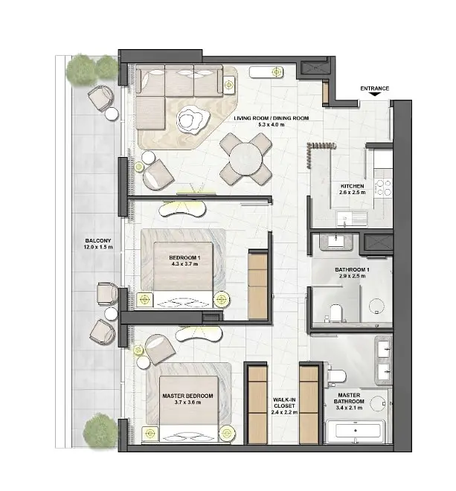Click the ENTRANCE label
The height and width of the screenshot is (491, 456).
pos(375,89)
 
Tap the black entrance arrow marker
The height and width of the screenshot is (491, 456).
pos(375,94)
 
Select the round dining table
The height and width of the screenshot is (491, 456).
pos(245,158)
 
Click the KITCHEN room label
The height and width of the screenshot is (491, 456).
pos(353,186)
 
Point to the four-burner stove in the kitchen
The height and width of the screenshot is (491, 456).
pos(384,187)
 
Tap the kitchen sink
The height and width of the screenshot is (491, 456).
pos(352,218)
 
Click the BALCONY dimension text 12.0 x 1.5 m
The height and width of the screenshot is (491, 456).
pos(98,247)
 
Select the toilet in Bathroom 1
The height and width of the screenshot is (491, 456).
pos(336,313)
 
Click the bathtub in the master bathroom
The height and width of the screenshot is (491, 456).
pos(356,431)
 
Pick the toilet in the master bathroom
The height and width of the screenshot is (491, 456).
pos(337,375)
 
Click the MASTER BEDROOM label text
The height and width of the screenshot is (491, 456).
pos(187,396)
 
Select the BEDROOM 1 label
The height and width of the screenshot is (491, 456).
pos(184,257)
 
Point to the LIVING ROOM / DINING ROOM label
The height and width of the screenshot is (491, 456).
pos(272,118)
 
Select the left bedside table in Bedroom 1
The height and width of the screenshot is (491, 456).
pos(144,300)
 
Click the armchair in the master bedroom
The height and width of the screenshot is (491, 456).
pos(161,349)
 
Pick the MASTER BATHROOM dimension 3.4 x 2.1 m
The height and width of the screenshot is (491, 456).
pos(349,408)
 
